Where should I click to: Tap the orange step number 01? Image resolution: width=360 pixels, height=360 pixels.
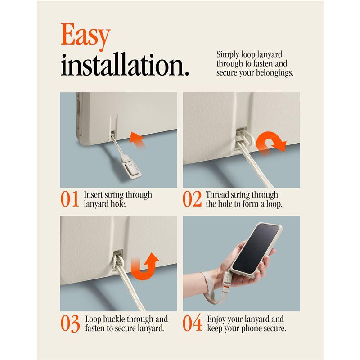click(x=70, y=199)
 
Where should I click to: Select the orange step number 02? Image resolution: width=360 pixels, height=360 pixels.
click(x=192, y=199)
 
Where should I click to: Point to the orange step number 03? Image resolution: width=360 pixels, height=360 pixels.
click(x=70, y=323)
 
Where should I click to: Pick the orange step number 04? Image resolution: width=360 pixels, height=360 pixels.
click(x=192, y=323)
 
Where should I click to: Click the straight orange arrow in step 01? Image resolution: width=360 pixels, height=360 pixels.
click(x=137, y=140)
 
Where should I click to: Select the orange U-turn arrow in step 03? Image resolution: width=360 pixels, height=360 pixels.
click(x=145, y=266)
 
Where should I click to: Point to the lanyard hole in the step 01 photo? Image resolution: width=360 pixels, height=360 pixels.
click(x=113, y=133)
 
